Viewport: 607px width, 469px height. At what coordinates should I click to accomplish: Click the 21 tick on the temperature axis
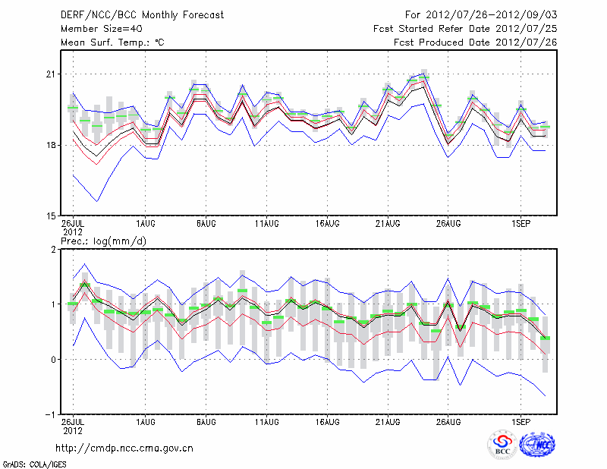click(x=51, y=74)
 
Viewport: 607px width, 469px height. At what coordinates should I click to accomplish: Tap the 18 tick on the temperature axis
click(x=51, y=145)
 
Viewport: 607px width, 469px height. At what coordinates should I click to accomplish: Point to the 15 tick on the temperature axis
click(x=51, y=216)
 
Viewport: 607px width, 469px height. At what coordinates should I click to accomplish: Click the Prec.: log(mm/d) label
click(x=103, y=241)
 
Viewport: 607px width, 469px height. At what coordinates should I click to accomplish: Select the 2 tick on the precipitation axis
click(x=54, y=249)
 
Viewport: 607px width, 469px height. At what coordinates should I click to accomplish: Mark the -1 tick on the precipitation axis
click(x=51, y=415)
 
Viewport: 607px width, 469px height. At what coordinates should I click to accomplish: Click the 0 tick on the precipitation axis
click(x=54, y=360)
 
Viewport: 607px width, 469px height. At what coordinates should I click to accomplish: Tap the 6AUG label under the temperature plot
click(x=206, y=224)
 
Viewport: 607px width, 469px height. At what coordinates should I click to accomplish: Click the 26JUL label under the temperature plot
click(x=73, y=224)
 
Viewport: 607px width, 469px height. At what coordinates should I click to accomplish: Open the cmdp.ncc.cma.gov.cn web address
click(x=124, y=448)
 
